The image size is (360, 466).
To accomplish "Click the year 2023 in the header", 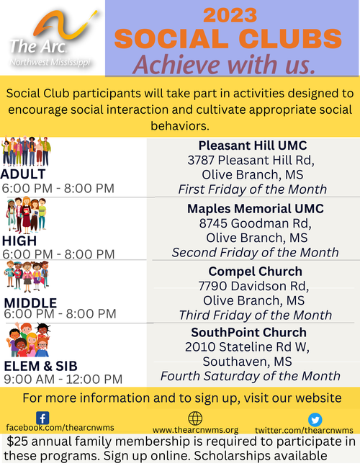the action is [x=230, y=15].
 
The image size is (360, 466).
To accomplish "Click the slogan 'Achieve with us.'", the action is [x=224, y=64].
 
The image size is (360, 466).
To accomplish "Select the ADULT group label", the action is [x=23, y=174].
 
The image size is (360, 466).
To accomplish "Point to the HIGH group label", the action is [x=19, y=241].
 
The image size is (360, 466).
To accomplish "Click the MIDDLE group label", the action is [x=30, y=303].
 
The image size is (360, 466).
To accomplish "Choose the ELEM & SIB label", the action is [x=41, y=366].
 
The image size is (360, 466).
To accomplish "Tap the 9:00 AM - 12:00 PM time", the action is [x=63, y=380].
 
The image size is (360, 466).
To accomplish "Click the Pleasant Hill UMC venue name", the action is [x=253, y=145].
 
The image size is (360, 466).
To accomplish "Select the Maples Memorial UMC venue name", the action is [x=256, y=209].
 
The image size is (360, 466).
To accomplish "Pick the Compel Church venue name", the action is [x=256, y=272].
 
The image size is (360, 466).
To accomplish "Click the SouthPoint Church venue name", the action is [x=248, y=332].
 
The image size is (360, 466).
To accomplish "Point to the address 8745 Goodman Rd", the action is [x=255, y=223].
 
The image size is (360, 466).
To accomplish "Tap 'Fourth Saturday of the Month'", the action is [x=251, y=376].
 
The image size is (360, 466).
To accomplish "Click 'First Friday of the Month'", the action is [x=253, y=189].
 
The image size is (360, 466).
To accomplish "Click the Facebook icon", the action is [x=42, y=418].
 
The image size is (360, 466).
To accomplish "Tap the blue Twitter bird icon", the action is [x=315, y=420].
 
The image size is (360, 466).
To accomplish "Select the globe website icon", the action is [x=195, y=418].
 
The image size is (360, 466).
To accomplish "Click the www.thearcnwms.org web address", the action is [x=195, y=430].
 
